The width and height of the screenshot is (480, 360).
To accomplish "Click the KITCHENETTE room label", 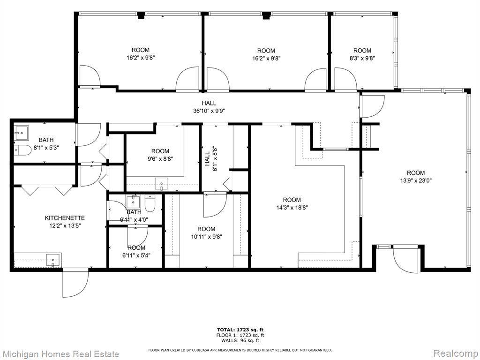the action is [x=65, y=218].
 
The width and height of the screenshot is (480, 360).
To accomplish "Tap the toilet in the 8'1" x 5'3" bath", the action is [x=22, y=150].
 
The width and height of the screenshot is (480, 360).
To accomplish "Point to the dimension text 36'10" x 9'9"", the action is [x=209, y=111].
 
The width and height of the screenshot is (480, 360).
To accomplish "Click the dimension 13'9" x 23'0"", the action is [x=416, y=180].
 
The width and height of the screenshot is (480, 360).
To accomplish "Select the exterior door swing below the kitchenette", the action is [x=75, y=283].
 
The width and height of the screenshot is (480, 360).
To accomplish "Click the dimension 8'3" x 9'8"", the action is [x=362, y=58].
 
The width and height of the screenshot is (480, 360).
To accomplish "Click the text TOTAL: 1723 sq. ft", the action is [x=240, y=330].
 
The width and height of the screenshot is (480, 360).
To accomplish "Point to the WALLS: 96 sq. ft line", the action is [x=240, y=340].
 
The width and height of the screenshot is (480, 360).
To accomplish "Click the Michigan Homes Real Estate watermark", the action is [x=60, y=354].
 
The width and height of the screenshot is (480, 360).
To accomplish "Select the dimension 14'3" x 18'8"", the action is [x=292, y=208].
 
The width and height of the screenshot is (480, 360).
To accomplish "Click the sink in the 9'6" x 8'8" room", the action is [x=161, y=184].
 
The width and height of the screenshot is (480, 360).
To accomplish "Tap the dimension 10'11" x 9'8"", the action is [x=206, y=237].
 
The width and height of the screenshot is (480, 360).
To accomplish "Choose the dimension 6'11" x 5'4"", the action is [x=136, y=255].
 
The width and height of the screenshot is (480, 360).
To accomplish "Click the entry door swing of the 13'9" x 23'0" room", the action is [x=405, y=259].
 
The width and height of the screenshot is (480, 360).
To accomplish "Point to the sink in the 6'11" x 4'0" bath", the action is [x=133, y=202].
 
